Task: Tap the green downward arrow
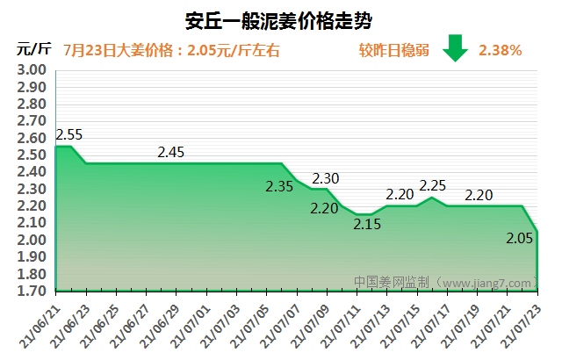click(455, 49)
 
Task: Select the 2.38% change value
click(501, 50)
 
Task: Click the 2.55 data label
click(68, 135)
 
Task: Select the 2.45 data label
click(171, 153)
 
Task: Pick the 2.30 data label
click(326, 179)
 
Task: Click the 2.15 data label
click(367, 224)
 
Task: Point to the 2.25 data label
click(433, 185)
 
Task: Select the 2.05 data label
click(519, 238)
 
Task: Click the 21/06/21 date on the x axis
click(40, 327)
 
